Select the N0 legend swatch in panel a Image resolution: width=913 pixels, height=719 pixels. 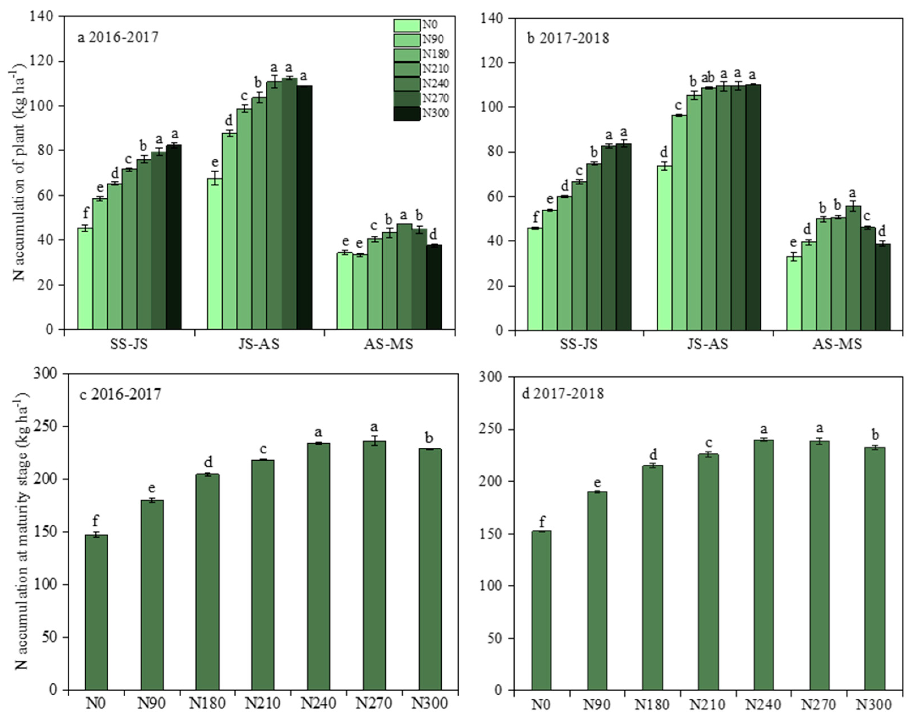(407, 25)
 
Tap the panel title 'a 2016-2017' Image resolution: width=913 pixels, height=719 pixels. (118, 37)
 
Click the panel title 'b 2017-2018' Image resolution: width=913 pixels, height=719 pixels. (568, 38)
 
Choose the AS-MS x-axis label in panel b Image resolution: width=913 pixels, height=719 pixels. (837, 344)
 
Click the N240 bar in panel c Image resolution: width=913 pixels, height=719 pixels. (318, 566)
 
